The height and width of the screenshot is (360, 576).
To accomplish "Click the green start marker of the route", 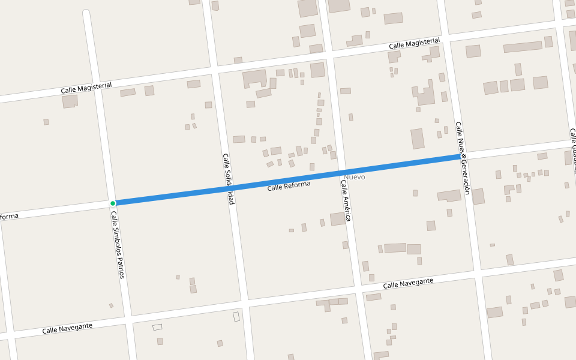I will click(113, 203).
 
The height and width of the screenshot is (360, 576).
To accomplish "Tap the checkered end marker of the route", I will click(463, 156).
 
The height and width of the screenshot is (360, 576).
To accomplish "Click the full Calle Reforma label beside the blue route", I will click(289, 186).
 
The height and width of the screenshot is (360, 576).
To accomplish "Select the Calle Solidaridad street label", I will click(228, 179).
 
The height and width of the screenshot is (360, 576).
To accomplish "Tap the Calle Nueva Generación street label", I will click(462, 158).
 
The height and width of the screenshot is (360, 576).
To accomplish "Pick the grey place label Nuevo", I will click(355, 177).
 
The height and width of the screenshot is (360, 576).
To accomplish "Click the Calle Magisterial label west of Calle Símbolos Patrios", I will click(86, 88).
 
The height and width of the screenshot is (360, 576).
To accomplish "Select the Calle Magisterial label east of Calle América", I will click(415, 44).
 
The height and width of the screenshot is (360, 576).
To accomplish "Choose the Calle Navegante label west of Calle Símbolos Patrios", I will click(67, 328).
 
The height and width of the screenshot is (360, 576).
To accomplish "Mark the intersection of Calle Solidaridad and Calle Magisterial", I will click(215, 70).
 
